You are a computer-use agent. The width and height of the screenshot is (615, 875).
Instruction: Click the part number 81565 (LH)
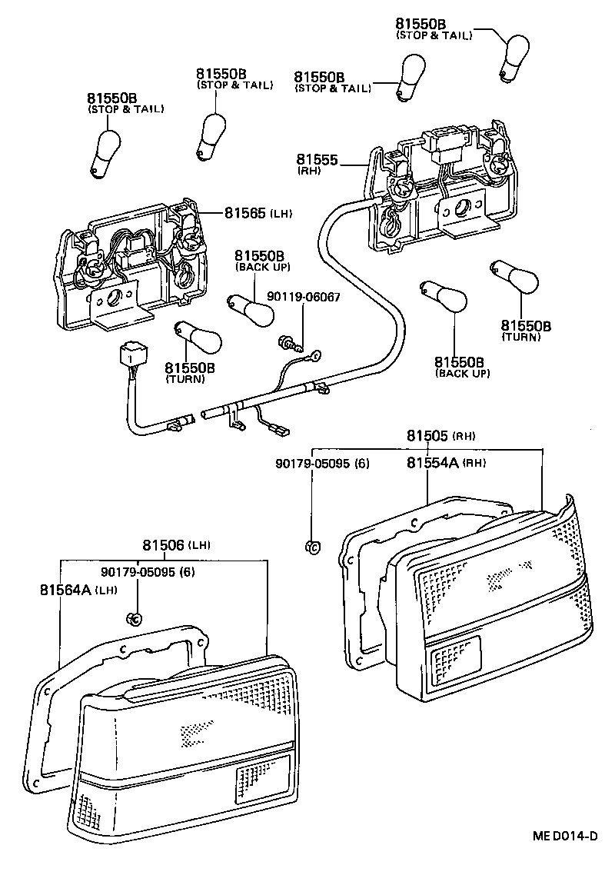point(258,212)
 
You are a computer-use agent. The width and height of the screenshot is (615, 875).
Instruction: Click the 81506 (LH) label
point(176,545)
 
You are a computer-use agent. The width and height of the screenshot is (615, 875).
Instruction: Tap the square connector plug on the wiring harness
point(131,357)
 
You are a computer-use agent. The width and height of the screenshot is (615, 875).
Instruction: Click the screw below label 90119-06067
point(286,340)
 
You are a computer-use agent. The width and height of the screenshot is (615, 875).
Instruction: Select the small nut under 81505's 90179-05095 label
point(312,546)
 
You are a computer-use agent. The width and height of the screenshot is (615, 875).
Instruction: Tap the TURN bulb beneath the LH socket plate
point(195,336)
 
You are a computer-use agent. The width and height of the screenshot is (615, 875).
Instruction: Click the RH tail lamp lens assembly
point(500,607)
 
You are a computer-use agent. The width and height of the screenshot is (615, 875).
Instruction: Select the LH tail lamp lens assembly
point(184,754)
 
